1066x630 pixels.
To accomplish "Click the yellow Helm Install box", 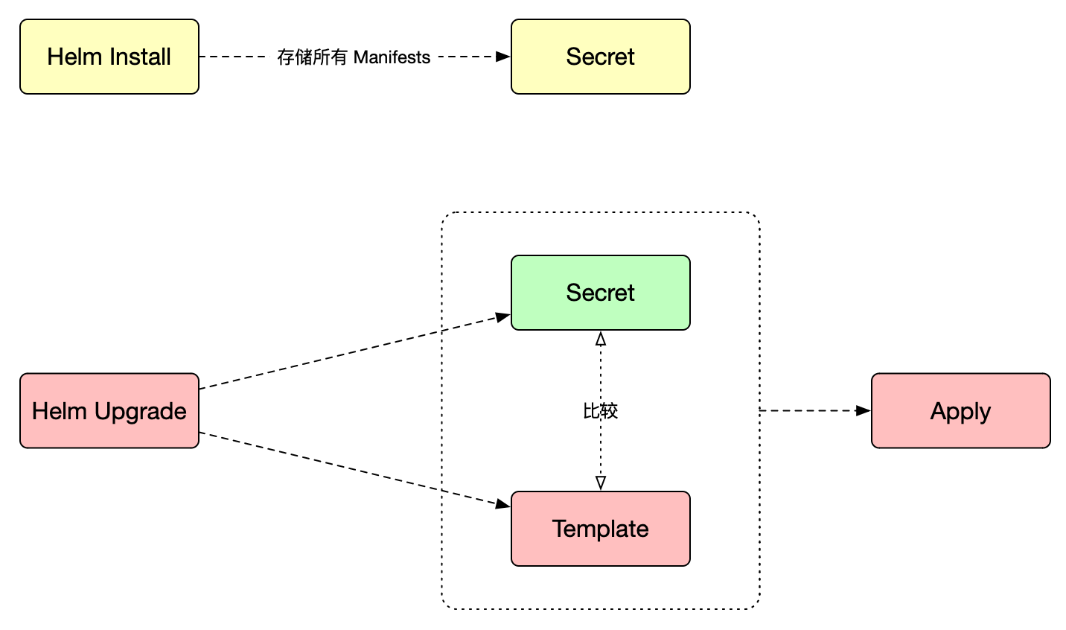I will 109,57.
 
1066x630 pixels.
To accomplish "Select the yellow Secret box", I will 600,57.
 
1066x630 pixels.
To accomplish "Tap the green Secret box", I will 600,293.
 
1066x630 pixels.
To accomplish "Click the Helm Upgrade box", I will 109,410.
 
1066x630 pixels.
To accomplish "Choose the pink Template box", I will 600,529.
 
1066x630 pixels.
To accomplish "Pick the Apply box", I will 960,410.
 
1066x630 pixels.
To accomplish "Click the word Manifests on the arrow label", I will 392,57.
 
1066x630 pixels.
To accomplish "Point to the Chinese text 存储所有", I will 312,57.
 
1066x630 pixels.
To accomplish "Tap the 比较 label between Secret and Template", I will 600,410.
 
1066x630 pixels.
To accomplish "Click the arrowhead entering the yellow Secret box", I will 503,57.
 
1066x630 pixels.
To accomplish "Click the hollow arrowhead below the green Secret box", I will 601,339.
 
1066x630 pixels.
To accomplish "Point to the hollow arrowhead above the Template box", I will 601,483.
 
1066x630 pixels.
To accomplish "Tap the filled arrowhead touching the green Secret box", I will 503,317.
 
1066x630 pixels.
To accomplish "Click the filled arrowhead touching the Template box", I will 503,504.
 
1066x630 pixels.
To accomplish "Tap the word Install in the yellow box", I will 136,57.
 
